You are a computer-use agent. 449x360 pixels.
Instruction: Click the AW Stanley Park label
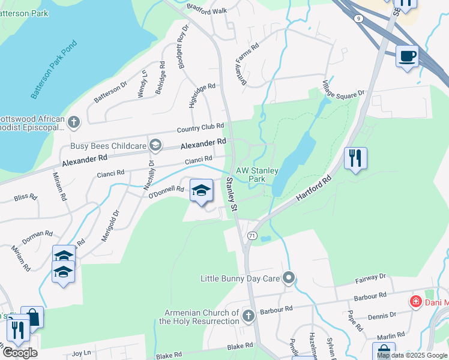[x=258, y=175]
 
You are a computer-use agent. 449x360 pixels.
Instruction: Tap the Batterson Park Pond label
[x=54, y=70]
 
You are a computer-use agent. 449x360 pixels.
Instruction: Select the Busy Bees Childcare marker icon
[x=156, y=145]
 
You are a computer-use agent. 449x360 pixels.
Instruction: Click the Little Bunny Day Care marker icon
[x=289, y=278]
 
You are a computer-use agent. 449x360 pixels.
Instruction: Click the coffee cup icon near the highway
[x=408, y=56]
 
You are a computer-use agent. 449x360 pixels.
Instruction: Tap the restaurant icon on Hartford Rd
[x=355, y=158]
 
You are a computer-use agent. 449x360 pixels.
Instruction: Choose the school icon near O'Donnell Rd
[x=202, y=190]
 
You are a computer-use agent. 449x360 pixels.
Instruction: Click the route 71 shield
[x=252, y=236]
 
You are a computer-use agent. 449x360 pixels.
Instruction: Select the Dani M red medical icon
[x=415, y=301]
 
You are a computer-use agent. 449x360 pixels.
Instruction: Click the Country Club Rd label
[x=200, y=128]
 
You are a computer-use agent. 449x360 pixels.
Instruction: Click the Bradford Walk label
[x=207, y=11]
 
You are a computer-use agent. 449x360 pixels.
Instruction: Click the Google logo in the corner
[x=20, y=353]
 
